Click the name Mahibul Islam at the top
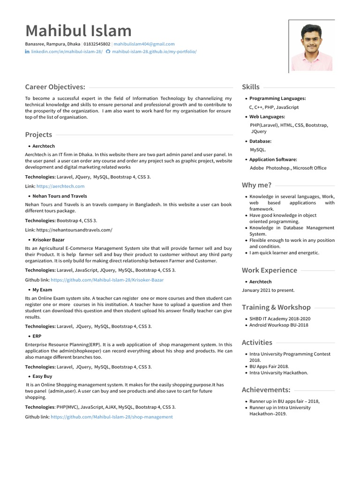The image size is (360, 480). [x=78, y=31]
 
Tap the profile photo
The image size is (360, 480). [x=312, y=45]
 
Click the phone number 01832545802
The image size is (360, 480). [x=97, y=44]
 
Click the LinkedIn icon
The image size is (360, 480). [x=27, y=52]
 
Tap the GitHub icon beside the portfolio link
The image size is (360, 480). [x=108, y=52]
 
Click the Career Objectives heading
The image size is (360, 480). [x=55, y=87]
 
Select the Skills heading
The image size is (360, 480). [x=251, y=87]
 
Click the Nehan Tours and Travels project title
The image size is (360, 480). [x=60, y=196]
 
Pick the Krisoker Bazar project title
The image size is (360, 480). [x=48, y=240]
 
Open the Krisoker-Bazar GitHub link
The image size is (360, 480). [x=107, y=280]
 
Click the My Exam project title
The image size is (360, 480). [x=42, y=290]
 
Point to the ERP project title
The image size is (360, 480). [x=37, y=336]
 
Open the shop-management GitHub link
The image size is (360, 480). [x=112, y=417]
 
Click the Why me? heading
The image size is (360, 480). [x=256, y=185]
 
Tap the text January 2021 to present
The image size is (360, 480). [x=268, y=290]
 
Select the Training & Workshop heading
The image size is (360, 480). [x=276, y=307]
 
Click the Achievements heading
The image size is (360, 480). [x=266, y=390]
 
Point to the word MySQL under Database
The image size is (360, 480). [x=258, y=150]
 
